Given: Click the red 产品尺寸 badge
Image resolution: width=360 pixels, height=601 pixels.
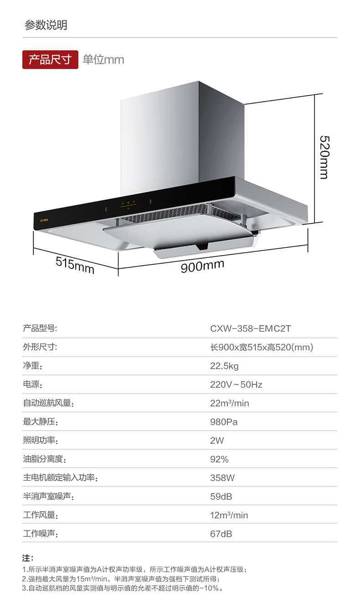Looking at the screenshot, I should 50,60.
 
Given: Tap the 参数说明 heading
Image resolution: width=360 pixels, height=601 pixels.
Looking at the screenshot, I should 46,25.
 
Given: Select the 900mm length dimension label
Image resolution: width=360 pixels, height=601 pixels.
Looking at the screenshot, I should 202,265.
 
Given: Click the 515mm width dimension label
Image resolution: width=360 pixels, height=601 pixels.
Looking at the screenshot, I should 75,265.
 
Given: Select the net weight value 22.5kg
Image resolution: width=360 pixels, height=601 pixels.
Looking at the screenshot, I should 224,366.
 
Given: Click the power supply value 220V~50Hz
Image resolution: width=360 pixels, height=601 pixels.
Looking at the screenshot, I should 236,385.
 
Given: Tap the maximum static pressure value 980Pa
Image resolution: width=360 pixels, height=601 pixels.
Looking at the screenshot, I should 224,422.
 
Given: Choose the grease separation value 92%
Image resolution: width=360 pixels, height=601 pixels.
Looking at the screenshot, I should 219,459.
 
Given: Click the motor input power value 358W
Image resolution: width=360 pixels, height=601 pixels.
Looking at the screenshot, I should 222,478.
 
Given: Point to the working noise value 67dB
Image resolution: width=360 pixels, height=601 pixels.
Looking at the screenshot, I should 221,534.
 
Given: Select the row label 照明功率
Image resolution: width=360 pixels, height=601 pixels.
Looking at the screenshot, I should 41,441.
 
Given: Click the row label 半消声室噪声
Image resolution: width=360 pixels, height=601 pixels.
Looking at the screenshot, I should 48,497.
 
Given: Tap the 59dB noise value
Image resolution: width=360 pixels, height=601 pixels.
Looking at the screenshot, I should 221,497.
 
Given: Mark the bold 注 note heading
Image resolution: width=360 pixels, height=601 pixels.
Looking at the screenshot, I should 27,558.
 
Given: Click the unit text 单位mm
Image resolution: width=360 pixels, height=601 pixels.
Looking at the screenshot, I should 103,60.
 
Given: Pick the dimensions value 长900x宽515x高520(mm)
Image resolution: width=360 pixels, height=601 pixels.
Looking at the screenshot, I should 261,347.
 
